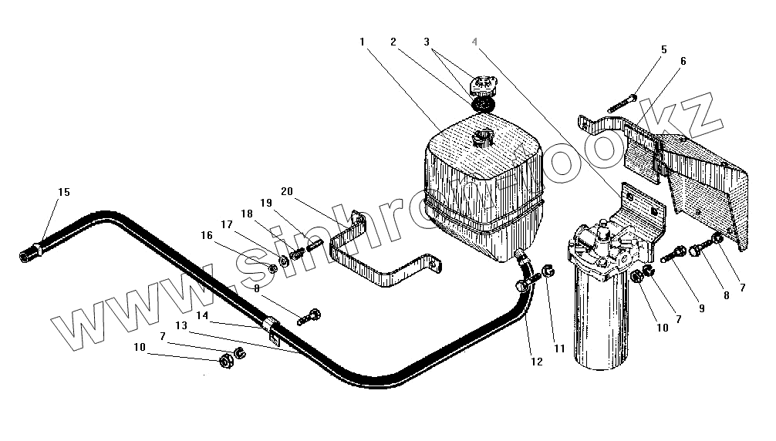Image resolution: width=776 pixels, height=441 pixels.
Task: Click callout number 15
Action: tap(63, 192)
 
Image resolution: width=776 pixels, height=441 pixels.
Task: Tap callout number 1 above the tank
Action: tap(362, 41)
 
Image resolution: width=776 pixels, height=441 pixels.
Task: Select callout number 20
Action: tap(287, 191)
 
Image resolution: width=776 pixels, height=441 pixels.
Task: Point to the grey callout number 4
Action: tap(476, 41)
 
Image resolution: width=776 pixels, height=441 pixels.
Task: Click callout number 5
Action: tap(663, 50)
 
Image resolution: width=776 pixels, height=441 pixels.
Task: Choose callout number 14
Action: tap(202, 315)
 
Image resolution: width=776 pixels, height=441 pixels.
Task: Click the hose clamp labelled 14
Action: tap(272, 327)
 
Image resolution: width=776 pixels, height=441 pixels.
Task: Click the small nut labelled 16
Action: tap(272, 268)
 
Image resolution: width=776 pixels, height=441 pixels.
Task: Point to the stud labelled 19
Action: tap(314, 247)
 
